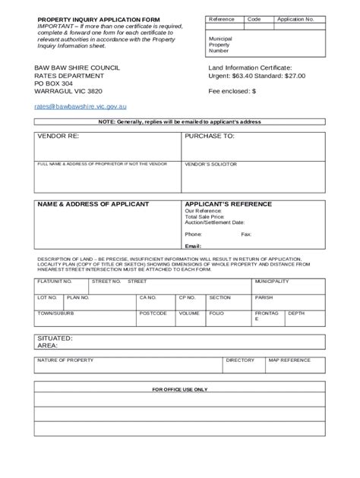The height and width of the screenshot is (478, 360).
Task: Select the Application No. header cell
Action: coord(295,19)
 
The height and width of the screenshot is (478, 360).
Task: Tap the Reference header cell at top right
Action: coord(222,19)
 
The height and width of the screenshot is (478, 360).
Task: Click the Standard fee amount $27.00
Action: coord(292,77)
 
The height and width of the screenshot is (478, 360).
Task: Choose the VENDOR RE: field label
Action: coord(58,137)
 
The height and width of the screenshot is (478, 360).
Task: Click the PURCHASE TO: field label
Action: coord(209,137)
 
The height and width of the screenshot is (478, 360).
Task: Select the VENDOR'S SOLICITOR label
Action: coord(210,164)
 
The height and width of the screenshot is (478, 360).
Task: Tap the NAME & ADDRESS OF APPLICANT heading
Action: coord(93,204)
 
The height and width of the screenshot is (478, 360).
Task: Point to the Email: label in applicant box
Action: coord(193,246)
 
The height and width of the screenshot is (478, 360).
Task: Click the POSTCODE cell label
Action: coord(153,313)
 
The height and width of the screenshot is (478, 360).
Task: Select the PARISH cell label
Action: coord(264,297)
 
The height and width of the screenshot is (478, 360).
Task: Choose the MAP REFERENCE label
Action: coord(289,360)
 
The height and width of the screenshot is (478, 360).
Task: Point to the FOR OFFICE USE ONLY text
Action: coord(179,389)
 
